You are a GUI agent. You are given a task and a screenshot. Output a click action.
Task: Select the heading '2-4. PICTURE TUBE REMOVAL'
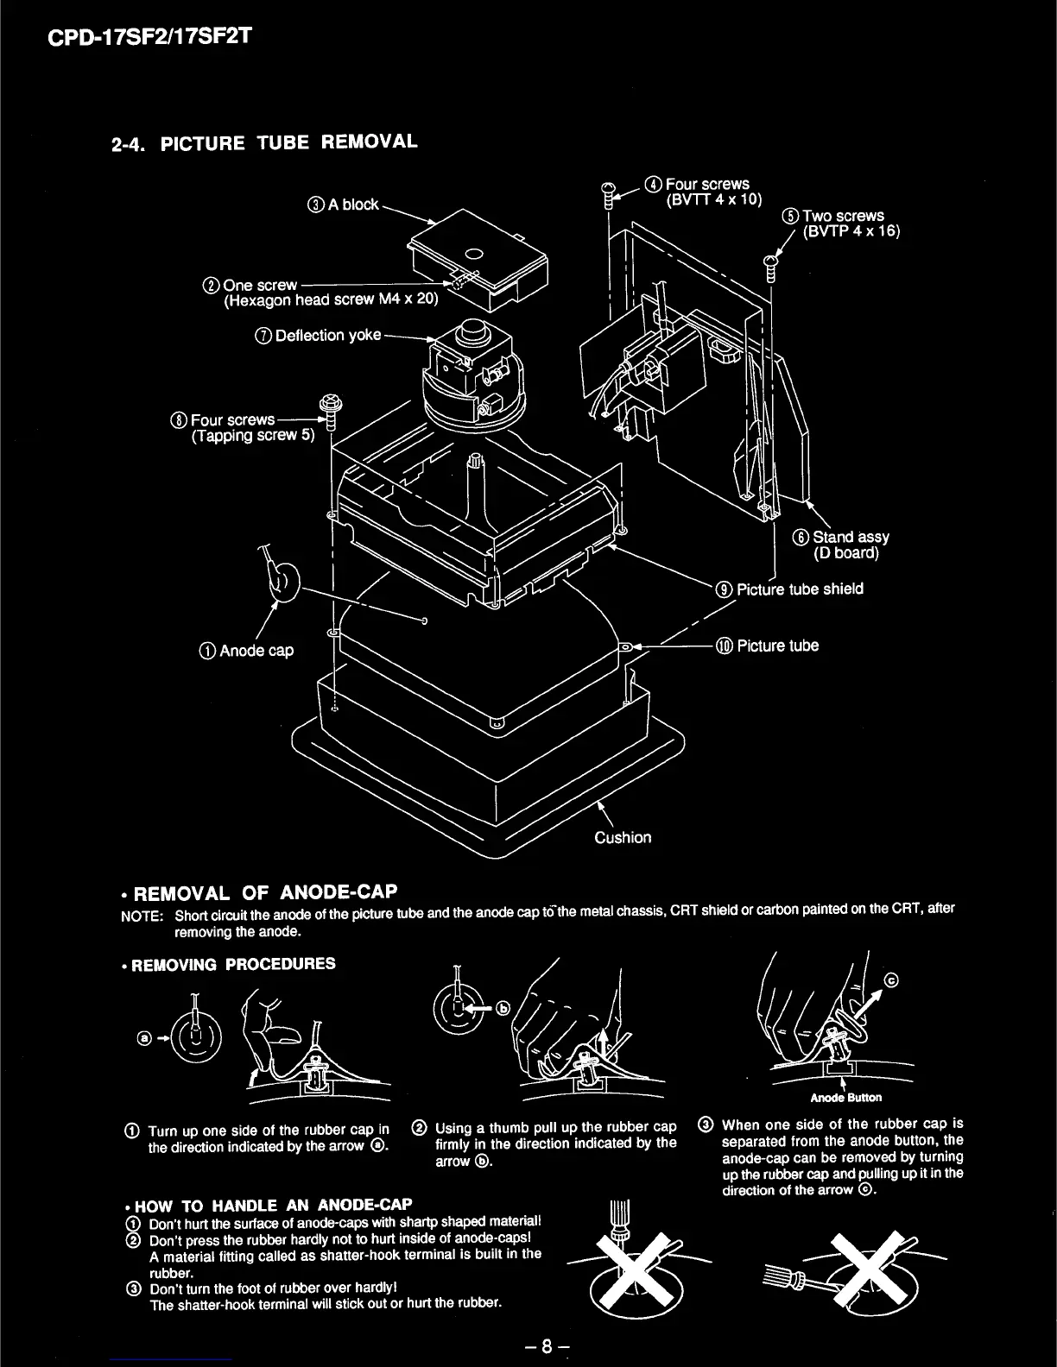tap(264, 142)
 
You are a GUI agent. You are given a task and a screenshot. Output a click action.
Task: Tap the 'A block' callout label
tap(352, 205)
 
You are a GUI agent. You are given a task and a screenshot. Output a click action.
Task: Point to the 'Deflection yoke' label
tap(327, 336)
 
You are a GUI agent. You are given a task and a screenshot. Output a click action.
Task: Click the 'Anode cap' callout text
tap(256, 651)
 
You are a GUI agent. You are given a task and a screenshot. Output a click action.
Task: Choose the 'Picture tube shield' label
tap(799, 589)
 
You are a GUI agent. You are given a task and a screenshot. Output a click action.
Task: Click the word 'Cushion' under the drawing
tap(623, 837)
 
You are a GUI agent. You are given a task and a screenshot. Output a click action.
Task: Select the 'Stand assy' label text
tap(850, 537)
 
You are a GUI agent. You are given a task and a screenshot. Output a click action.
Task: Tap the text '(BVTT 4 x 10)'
tap(714, 199)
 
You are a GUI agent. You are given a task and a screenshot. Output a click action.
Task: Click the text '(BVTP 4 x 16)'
tap(851, 231)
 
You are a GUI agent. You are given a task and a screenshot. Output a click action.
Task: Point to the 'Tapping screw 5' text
tap(253, 435)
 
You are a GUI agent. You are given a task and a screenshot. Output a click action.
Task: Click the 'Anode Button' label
tap(845, 1098)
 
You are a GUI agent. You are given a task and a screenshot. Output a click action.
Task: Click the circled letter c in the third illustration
tap(892, 980)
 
